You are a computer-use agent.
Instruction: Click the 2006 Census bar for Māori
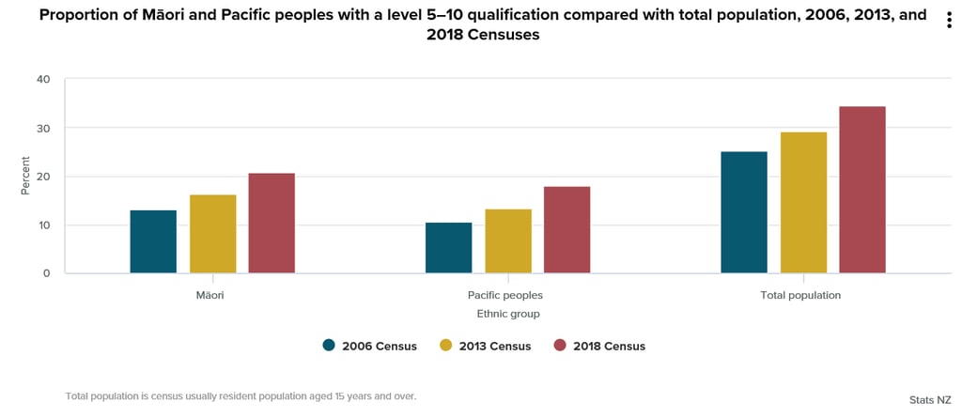[153, 241]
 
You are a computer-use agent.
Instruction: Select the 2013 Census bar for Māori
[212, 234]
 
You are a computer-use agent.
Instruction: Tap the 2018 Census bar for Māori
[272, 224]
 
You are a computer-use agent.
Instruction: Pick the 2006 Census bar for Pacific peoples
[448, 248]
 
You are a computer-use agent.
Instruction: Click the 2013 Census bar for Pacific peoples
[507, 241]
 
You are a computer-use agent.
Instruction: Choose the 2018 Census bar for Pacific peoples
[566, 230]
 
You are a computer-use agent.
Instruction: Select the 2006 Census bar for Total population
[743, 212]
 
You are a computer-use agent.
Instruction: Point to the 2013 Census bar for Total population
[803, 203]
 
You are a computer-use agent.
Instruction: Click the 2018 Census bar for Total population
[862, 190]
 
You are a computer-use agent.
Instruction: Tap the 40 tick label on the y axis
[43, 79]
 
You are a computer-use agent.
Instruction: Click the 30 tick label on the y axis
[43, 128]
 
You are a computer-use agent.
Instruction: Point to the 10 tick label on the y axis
[43, 225]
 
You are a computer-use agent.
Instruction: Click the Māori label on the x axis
[211, 295]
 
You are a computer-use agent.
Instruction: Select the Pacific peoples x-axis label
[507, 295]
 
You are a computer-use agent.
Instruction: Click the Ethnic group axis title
[507, 314]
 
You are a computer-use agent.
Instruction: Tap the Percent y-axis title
[25, 177]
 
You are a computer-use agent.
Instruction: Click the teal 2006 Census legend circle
[329, 345]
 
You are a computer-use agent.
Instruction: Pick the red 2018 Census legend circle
[560, 345]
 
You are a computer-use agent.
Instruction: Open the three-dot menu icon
[950, 21]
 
